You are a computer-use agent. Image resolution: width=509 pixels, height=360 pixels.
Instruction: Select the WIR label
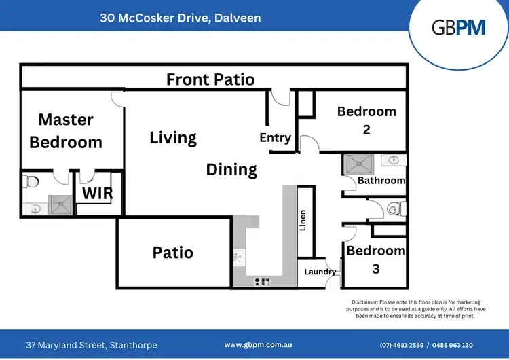(98, 194)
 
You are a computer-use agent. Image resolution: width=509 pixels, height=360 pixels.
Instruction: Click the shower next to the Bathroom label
(356, 164)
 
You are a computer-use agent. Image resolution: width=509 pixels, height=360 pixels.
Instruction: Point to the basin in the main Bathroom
(394, 160)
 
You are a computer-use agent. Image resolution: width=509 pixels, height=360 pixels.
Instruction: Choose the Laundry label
(320, 272)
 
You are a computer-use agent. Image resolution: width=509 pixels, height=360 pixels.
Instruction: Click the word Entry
(275, 138)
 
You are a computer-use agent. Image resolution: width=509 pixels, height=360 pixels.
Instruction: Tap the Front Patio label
(210, 79)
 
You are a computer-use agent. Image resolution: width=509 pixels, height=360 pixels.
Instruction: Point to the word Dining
(231, 170)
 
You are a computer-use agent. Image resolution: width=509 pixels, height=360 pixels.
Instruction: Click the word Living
(173, 138)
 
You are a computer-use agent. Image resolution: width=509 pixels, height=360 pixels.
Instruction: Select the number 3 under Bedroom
(375, 269)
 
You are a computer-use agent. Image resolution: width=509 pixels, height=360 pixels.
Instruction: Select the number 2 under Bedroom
(366, 130)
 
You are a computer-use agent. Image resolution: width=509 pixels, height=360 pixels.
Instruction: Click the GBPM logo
(459, 27)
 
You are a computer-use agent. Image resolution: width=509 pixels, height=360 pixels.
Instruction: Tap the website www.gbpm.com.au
(258, 345)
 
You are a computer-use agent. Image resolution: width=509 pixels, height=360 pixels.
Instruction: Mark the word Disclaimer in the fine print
(366, 301)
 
